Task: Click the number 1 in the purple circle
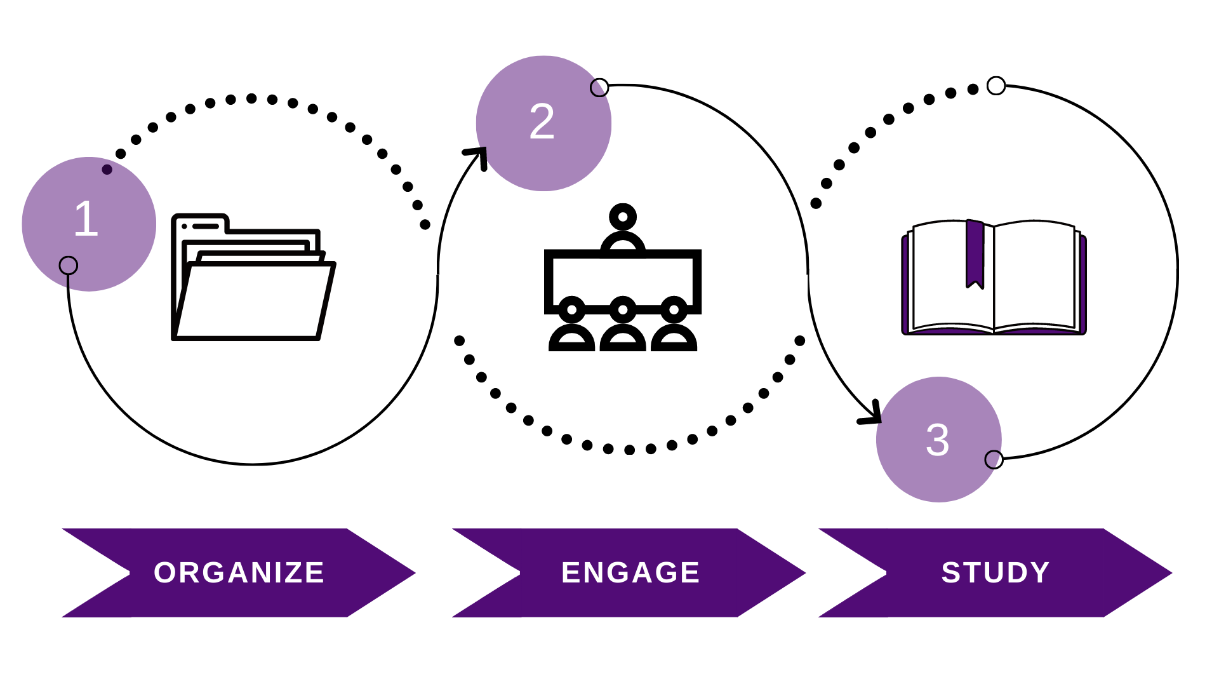[x=86, y=219]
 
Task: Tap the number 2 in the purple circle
[x=542, y=121]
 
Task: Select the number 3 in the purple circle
[x=938, y=440]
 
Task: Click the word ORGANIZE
[x=239, y=573]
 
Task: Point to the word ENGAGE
[x=630, y=573]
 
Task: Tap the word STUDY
[x=996, y=573]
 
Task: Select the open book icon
[x=994, y=278]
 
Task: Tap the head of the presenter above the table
[x=623, y=217]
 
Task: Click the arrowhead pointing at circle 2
[x=477, y=156]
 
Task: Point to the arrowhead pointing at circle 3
[x=872, y=415]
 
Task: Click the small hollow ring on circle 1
[x=69, y=266]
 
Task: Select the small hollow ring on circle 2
[x=599, y=88]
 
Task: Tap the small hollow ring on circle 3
[x=994, y=459]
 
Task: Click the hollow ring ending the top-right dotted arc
[x=996, y=86]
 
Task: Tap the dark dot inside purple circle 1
[x=107, y=170]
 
